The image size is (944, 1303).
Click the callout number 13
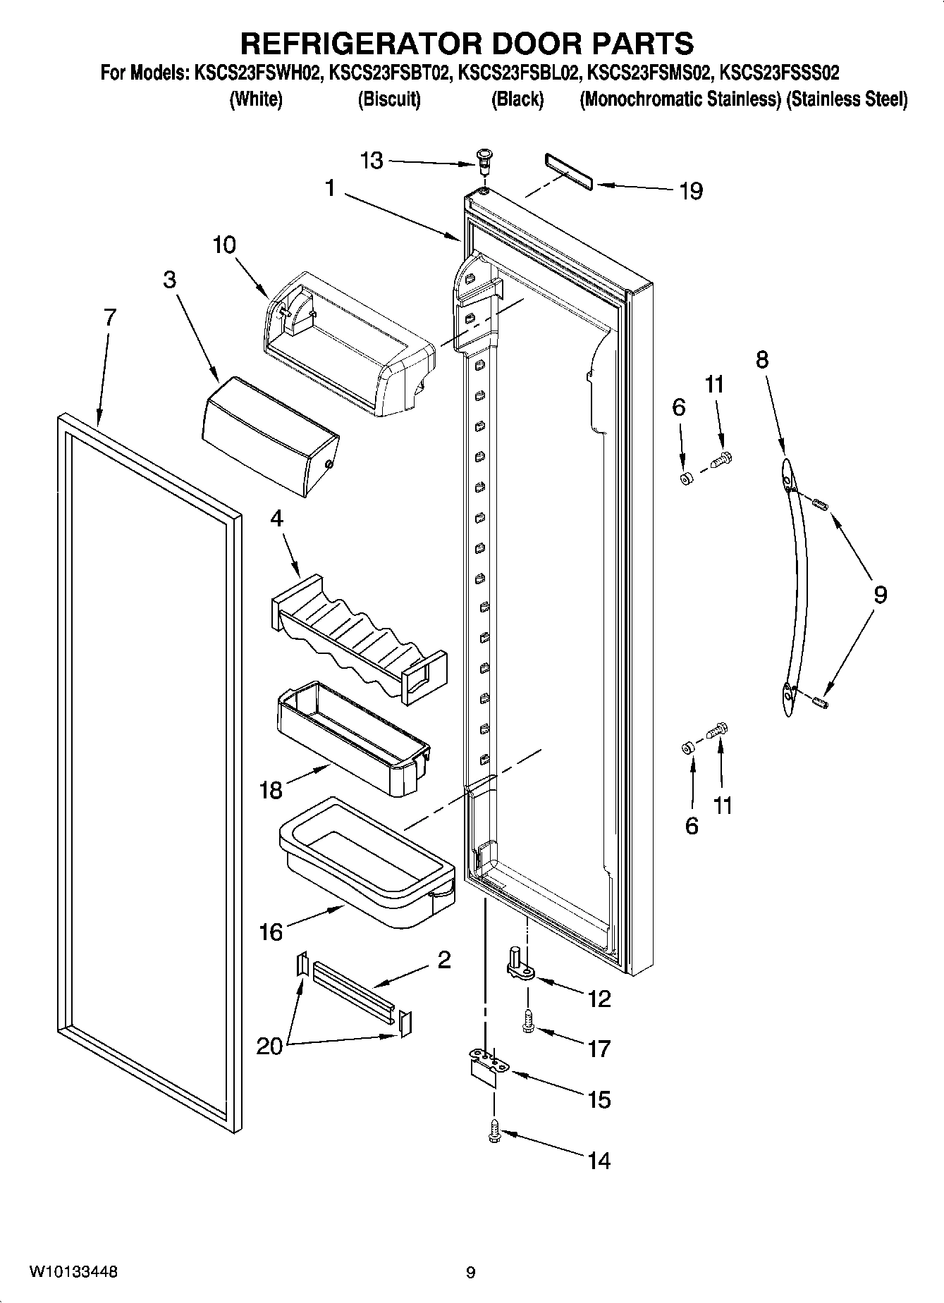(372, 161)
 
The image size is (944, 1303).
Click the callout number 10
(224, 246)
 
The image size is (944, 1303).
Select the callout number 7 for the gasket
(109, 318)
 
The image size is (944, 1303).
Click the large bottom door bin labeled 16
(367, 863)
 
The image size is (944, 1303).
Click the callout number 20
(269, 1046)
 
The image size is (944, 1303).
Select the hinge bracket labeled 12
(520, 966)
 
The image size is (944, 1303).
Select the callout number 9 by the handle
(880, 595)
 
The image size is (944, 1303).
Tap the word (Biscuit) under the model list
(388, 99)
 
